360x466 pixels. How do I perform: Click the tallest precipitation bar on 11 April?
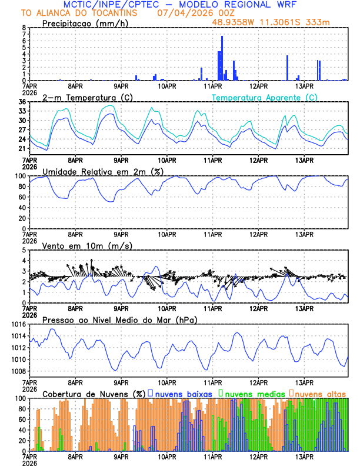(222, 58)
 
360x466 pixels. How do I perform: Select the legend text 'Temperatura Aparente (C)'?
(264, 97)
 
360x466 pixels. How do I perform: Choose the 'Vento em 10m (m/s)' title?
(82, 245)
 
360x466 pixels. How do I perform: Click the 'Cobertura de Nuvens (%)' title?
(94, 394)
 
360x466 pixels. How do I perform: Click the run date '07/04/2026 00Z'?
(186, 13)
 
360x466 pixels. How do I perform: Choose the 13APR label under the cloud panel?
(304, 456)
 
